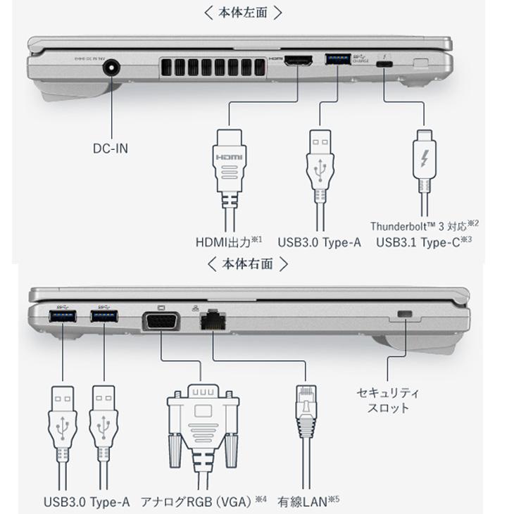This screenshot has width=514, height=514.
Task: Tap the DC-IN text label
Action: point(111,149)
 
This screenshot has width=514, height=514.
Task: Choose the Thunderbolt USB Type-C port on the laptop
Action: point(385,65)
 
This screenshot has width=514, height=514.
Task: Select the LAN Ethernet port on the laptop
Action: point(213,320)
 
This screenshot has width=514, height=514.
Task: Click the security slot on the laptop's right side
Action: point(405,313)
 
